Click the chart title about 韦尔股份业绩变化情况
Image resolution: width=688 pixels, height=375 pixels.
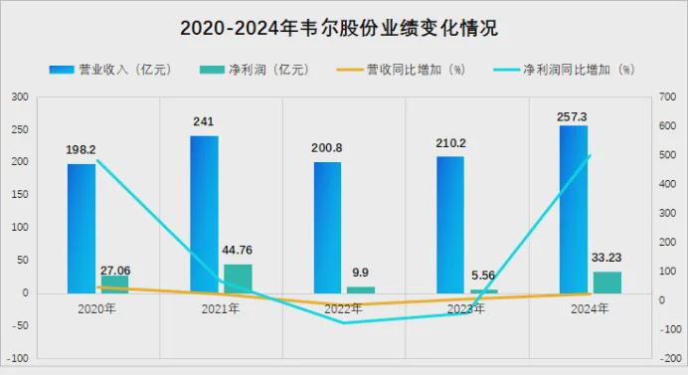tap(339, 28)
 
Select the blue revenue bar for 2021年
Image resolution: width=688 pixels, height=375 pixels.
tap(204, 214)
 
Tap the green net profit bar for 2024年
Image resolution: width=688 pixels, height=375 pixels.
tap(607, 282)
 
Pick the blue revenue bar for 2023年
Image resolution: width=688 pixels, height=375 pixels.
tap(450, 225)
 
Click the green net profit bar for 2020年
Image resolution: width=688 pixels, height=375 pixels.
tap(114, 284)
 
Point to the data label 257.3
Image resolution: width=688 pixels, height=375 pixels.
tap(572, 116)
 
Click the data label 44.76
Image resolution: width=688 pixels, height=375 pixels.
tap(237, 250)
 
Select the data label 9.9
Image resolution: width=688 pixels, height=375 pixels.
tap(360, 273)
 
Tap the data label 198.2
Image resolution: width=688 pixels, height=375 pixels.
tap(81, 150)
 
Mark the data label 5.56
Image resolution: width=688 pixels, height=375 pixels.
tap(483, 276)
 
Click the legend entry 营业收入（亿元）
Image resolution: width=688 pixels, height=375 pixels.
tap(110, 70)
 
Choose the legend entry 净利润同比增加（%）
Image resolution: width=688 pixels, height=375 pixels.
tap(565, 70)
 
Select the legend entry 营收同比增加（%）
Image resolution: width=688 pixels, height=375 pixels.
tap(401, 70)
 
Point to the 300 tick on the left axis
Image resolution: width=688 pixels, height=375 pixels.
tap(20, 96)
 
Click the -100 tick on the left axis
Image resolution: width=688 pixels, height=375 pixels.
tap(18, 358)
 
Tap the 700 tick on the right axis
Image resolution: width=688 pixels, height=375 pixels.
tap(667, 96)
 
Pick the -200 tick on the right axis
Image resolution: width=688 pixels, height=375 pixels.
tap(670, 358)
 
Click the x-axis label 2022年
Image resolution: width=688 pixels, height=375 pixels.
tap(343, 308)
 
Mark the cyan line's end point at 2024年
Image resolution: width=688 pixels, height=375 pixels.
tap(591, 155)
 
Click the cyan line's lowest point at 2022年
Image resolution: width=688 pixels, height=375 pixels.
tap(343, 322)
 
